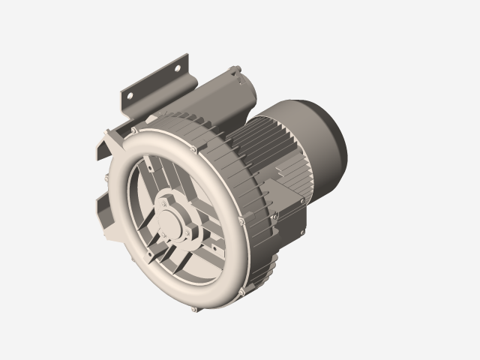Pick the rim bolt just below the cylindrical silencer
[x=193, y=149]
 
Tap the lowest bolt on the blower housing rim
[x=195, y=308]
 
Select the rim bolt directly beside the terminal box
[x=239, y=220]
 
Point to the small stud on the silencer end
[x=237, y=70]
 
